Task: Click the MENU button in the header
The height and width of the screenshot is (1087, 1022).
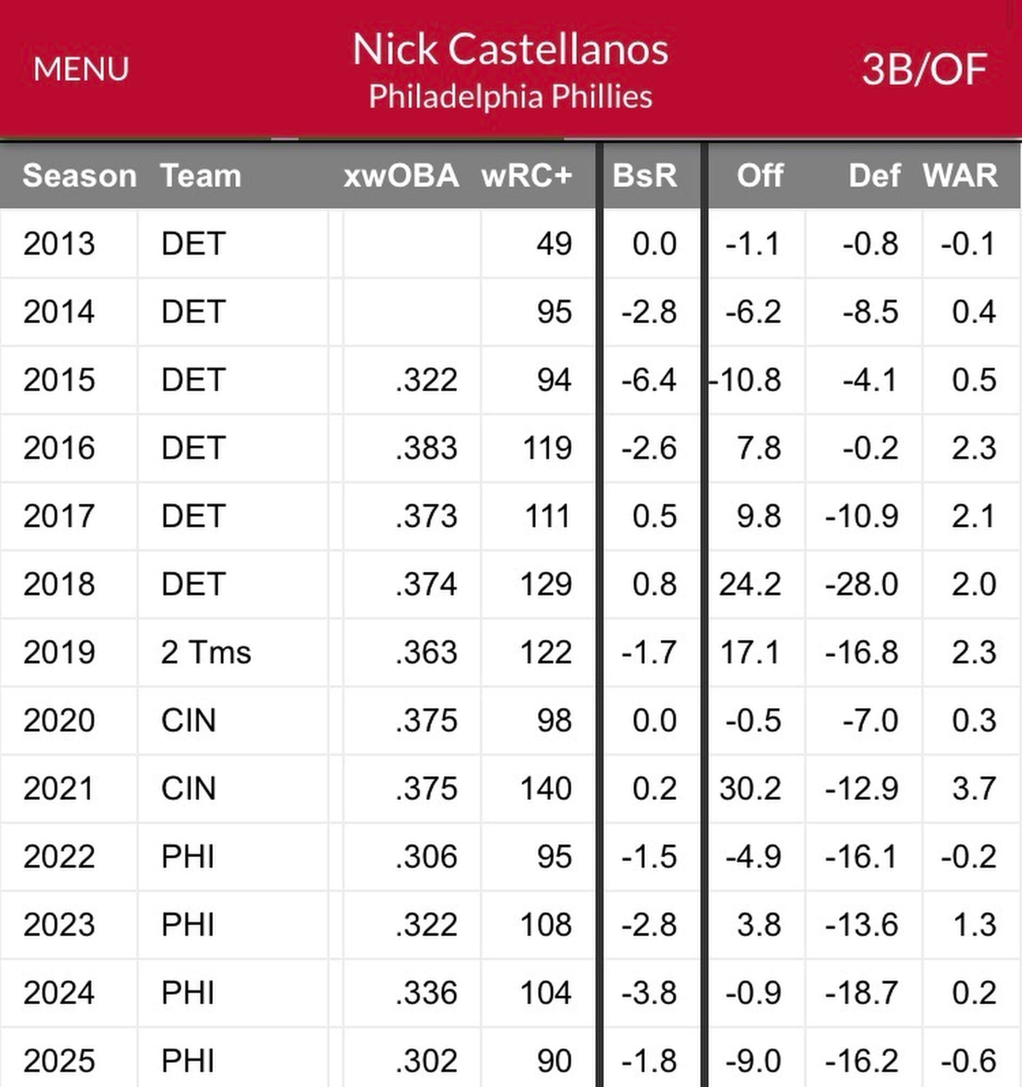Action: point(81,70)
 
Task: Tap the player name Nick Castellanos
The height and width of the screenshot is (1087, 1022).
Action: point(510,49)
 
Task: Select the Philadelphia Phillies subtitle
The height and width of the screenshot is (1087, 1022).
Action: point(510,97)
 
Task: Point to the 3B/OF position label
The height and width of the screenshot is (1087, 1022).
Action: point(924,70)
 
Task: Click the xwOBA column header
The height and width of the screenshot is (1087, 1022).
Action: point(401,176)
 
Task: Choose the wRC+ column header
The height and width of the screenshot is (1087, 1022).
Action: point(527,176)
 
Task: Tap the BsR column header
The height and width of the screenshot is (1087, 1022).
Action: point(645,176)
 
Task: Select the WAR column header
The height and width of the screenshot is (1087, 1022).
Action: point(960,176)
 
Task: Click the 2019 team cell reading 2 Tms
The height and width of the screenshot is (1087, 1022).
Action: point(206,652)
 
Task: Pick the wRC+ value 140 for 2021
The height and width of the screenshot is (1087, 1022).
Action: point(546,789)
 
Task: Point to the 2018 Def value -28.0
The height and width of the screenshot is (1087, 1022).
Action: point(862,584)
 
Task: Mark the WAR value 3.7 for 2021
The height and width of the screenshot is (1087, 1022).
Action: point(974,789)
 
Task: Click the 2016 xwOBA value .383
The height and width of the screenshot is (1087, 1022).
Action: point(426,448)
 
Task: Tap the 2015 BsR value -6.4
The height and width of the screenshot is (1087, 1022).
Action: point(649,380)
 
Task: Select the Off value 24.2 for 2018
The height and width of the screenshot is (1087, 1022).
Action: point(750,584)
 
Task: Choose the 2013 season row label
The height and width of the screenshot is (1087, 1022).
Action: point(59,243)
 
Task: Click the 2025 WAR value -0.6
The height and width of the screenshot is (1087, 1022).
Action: point(968,1061)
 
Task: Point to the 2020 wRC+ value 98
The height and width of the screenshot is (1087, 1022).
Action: point(554,720)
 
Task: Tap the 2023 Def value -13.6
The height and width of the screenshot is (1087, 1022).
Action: point(862,924)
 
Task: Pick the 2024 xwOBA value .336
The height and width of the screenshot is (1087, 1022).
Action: point(426,993)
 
